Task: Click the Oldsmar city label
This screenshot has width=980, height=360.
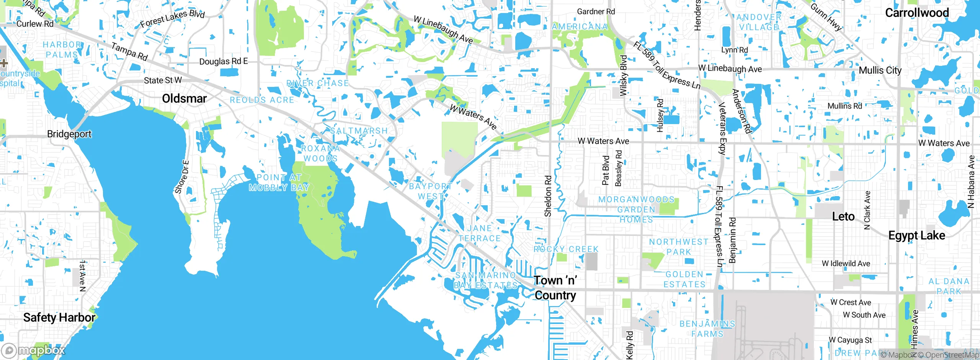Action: [184, 98]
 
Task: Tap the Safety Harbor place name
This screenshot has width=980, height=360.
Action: [59, 317]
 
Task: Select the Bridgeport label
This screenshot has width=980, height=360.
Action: [69, 134]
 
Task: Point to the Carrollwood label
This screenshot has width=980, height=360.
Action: [917, 13]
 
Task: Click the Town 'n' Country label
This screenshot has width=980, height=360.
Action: [555, 288]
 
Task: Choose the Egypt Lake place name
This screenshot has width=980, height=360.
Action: [916, 235]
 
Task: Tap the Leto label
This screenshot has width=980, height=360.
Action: [843, 216]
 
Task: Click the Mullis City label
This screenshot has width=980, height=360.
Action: [880, 70]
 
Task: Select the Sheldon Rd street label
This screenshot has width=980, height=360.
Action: [548, 196]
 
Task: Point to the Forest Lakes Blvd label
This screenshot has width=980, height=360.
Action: [172, 18]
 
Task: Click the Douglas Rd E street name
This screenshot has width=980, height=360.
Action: [224, 61]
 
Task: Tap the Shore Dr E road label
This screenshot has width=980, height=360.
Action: [182, 177]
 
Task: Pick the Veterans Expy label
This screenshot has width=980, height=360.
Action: [722, 128]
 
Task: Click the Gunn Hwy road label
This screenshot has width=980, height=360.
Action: [826, 17]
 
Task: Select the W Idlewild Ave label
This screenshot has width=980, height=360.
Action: [846, 263]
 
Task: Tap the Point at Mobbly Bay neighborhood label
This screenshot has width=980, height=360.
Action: [279, 182]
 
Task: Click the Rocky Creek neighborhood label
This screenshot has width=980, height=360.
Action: [566, 249]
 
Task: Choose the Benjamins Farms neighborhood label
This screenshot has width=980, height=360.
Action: [707, 329]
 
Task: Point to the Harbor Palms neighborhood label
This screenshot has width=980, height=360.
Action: [62, 50]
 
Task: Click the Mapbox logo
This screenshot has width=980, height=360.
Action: [34, 350]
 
